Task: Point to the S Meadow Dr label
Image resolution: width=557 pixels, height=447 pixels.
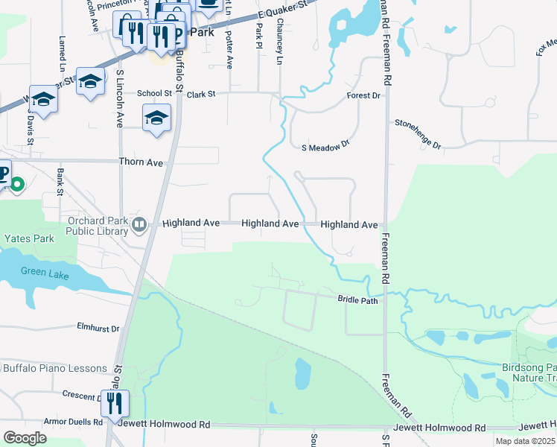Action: pyautogui.click(x=325, y=148)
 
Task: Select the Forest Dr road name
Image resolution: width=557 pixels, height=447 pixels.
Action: pyautogui.click(x=363, y=96)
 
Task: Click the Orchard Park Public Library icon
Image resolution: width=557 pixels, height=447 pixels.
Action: pyautogui.click(x=139, y=223)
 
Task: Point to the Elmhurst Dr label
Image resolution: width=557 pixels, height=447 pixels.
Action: pyautogui.click(x=98, y=326)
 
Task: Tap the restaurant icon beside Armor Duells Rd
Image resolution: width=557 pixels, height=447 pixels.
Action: pyautogui.click(x=115, y=403)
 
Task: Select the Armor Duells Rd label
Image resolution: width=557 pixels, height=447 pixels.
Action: pyautogui.click(x=72, y=422)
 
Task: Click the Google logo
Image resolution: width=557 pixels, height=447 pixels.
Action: pyautogui.click(x=25, y=437)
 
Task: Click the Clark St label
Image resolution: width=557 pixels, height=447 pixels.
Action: pyautogui.click(x=201, y=95)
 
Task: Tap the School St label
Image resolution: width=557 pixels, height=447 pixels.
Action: pyautogui.click(x=154, y=94)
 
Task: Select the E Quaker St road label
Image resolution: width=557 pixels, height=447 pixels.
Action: pyautogui.click(x=284, y=9)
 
